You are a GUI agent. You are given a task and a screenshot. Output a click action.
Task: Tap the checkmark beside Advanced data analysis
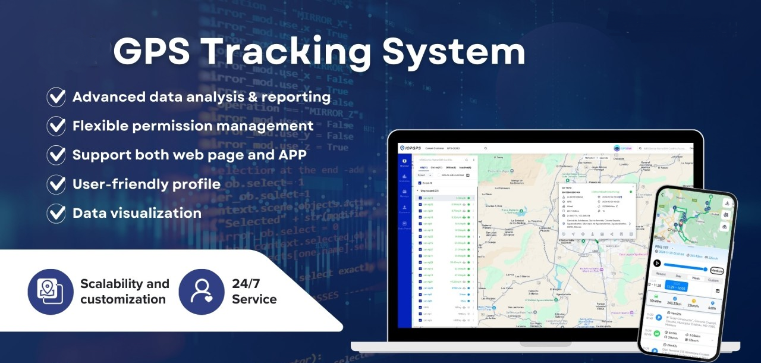[x=56, y=97]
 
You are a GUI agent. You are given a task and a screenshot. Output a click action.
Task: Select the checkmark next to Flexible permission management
[x=56, y=126]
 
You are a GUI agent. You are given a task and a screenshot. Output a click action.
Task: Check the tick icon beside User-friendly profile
[x=56, y=184]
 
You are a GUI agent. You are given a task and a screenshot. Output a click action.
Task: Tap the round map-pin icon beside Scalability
[x=51, y=291]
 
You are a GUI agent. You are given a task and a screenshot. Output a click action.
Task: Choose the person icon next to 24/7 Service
[x=202, y=291]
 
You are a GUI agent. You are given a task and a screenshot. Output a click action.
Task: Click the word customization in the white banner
[x=122, y=299]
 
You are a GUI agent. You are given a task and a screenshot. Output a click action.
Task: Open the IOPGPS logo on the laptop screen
[x=411, y=148]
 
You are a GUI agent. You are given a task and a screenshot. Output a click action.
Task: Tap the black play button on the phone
[x=657, y=263]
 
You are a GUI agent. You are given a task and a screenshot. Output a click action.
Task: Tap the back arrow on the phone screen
[x=663, y=195]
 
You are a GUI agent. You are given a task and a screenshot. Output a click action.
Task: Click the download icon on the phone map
[x=727, y=203]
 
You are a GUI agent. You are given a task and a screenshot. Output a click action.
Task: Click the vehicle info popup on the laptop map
[x=596, y=211]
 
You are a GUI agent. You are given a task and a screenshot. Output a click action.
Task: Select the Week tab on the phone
[x=695, y=278]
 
